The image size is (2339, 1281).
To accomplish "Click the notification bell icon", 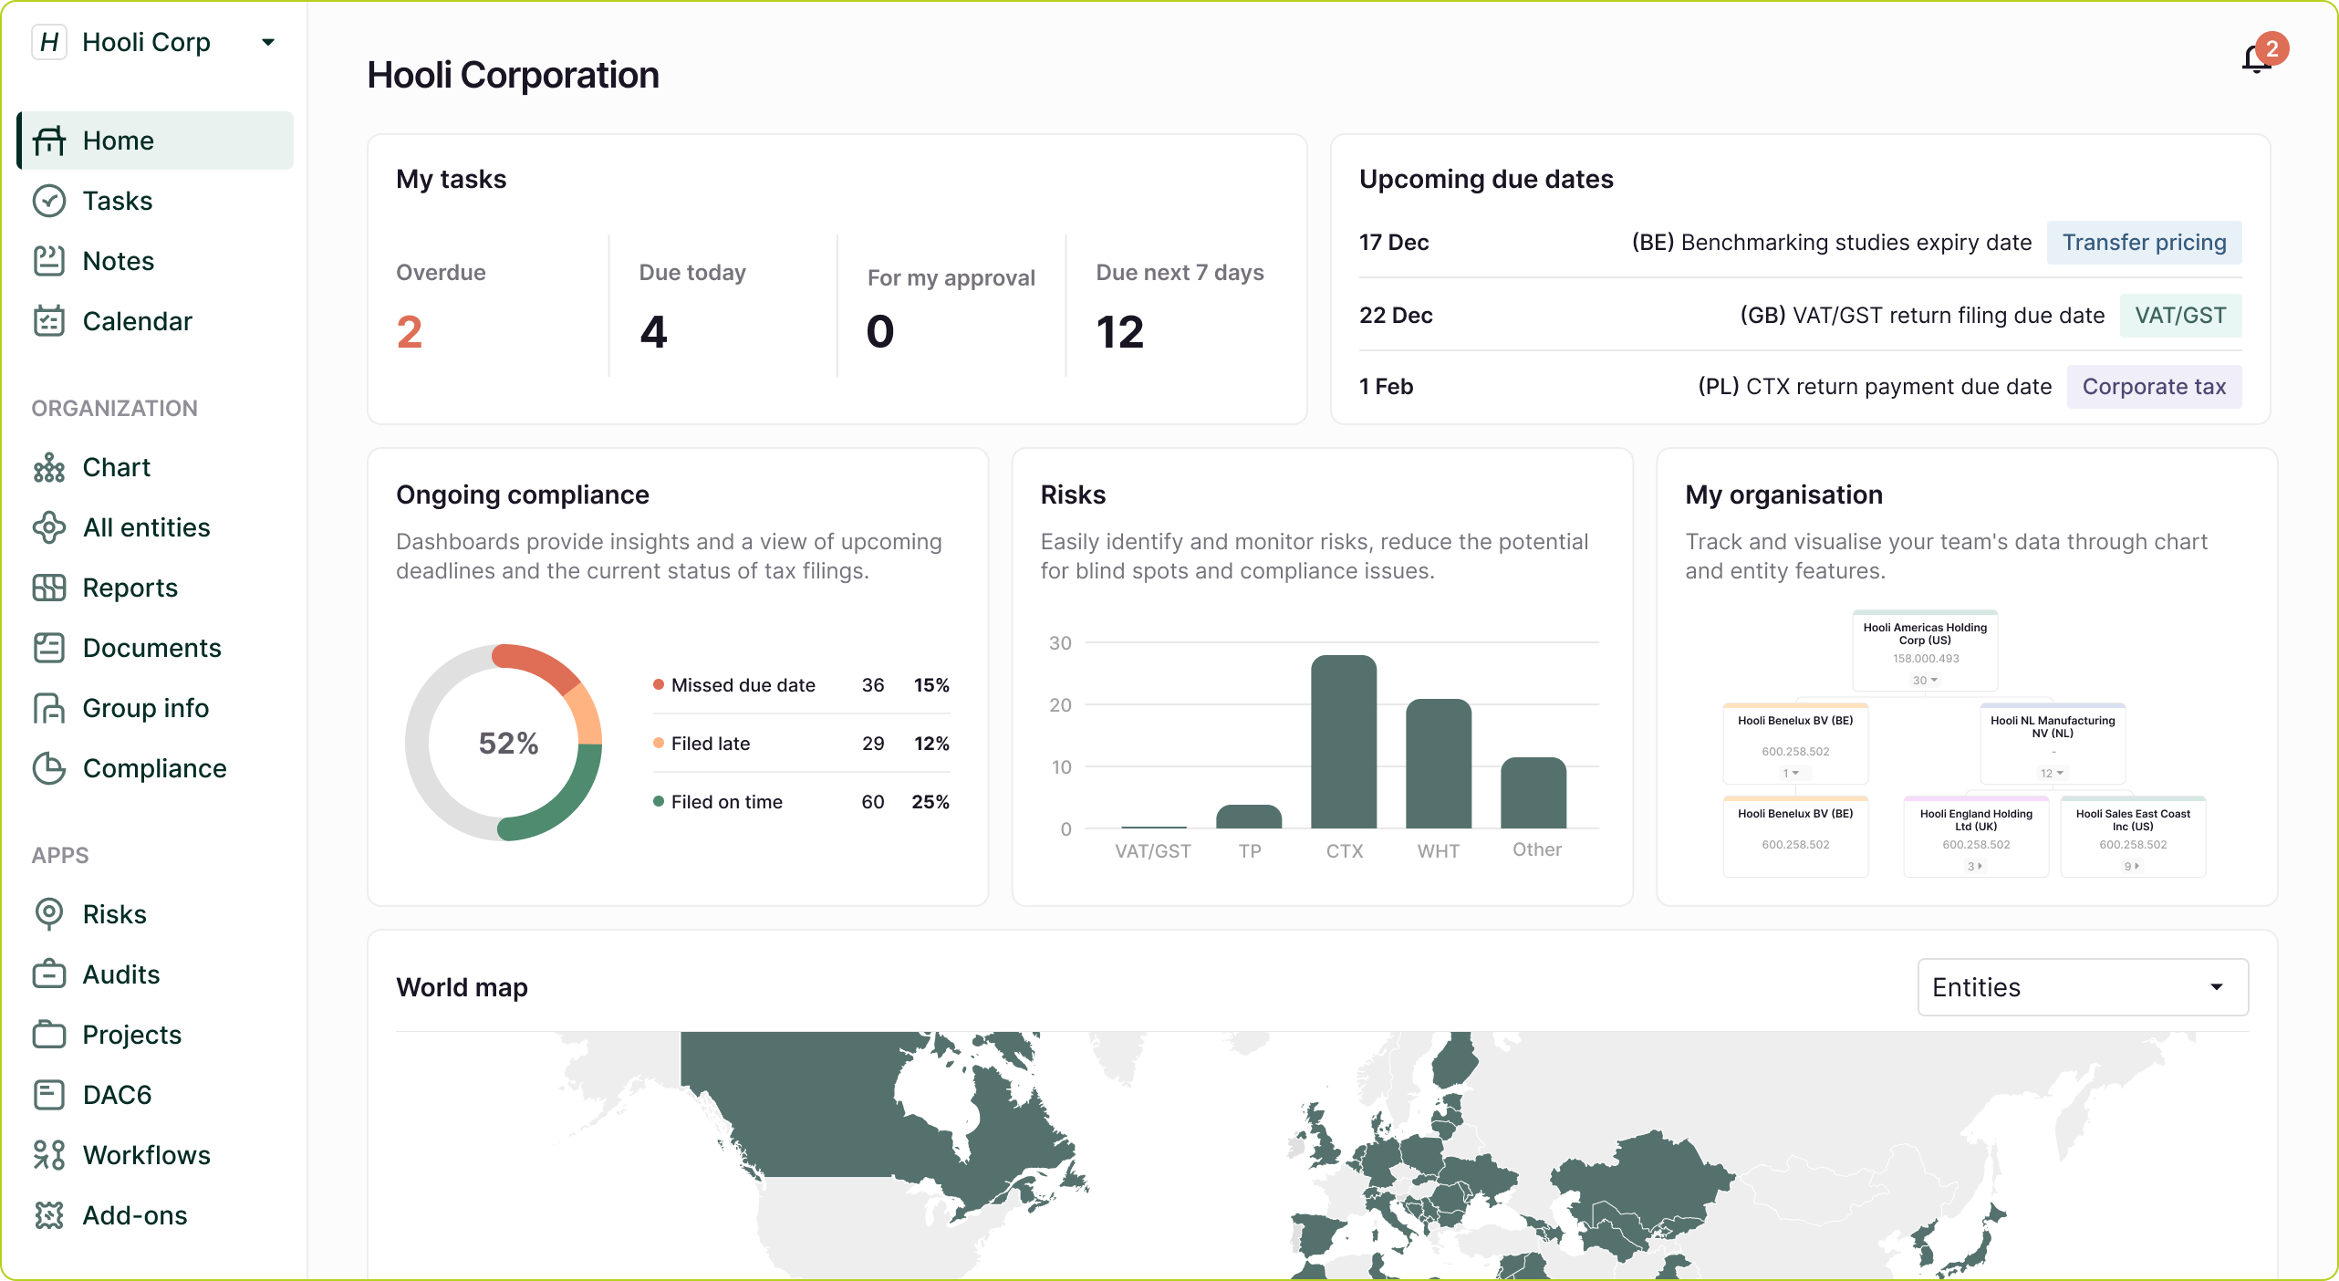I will tap(2256, 59).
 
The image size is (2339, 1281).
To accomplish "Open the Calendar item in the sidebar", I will tap(137, 321).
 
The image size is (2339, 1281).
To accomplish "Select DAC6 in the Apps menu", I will tap(117, 1095).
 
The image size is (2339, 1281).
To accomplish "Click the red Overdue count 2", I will tap(410, 331).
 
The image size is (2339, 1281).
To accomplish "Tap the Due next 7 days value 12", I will tap(1119, 331).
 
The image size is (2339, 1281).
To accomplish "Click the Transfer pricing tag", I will tap(2144, 243).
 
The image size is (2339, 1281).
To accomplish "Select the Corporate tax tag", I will tap(2154, 387).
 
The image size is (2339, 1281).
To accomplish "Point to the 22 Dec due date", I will tap(1396, 316).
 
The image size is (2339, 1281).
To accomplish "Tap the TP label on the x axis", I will tap(1250, 851).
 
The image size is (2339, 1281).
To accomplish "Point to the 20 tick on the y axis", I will tap(1060, 705).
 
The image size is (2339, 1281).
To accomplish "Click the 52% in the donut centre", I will tap(508, 743).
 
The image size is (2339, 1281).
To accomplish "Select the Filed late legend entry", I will tap(710, 744).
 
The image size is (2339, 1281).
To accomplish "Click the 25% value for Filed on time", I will tap(930, 802).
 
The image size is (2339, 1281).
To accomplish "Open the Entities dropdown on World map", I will tap(2083, 987).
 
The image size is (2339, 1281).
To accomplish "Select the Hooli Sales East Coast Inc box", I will tap(2133, 836).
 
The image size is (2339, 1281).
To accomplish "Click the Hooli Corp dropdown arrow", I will tap(268, 42).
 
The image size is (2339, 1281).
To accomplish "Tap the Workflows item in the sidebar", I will tap(146, 1155).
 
